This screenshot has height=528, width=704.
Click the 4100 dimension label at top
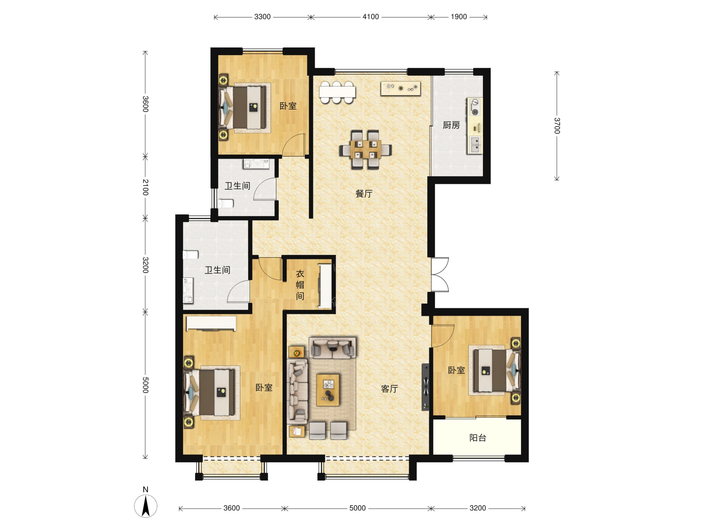(x=370, y=17)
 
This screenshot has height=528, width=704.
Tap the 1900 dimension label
(x=459, y=17)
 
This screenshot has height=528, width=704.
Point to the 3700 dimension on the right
(x=557, y=126)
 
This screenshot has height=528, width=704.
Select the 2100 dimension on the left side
(x=145, y=187)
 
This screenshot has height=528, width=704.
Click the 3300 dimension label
(x=262, y=17)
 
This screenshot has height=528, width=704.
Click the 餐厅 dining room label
(x=364, y=194)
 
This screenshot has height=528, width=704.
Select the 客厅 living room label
(x=390, y=389)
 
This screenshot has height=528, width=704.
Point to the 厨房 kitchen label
(x=451, y=125)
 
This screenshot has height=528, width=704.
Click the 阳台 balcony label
(x=478, y=438)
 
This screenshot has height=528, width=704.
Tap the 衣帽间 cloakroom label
(x=300, y=285)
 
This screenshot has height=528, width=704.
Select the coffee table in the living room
(x=328, y=390)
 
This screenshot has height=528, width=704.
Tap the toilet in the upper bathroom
(x=226, y=203)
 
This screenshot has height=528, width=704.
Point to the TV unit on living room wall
(x=426, y=387)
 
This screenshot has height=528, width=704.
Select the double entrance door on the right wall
(x=440, y=274)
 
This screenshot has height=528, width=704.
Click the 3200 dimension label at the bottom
(x=478, y=508)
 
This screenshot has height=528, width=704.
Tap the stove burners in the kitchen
(x=475, y=107)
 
